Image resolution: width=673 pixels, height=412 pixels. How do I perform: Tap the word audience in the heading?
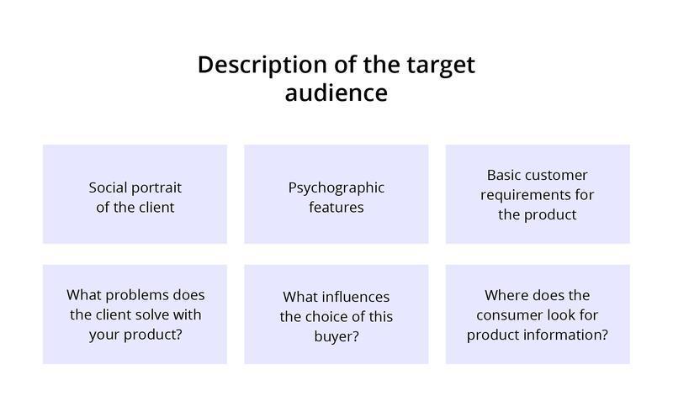click(x=336, y=92)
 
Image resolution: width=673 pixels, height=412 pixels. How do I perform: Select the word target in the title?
click(x=439, y=65)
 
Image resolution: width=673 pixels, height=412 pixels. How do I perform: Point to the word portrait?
click(x=155, y=187)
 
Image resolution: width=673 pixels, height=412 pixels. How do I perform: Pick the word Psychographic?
click(x=336, y=188)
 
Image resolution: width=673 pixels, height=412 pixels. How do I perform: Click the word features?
click(x=336, y=207)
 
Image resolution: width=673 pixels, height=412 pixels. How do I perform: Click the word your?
click(x=104, y=335)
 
